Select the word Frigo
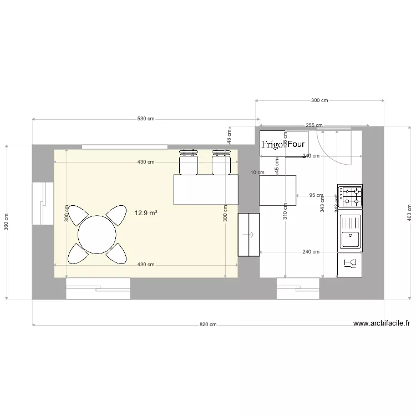[x=272, y=144]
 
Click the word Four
[x=296, y=144]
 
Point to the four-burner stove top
[x=351, y=196]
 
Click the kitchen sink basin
[x=350, y=240]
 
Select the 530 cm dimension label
[x=145, y=119]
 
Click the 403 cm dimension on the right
[x=409, y=213]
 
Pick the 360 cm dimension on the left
[x=7, y=222]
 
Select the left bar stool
[x=189, y=161]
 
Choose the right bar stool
[x=221, y=161]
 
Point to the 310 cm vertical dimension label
[x=285, y=212]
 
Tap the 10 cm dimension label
[x=257, y=173]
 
